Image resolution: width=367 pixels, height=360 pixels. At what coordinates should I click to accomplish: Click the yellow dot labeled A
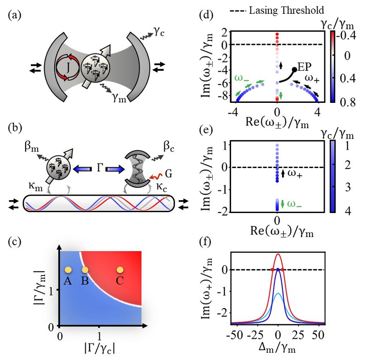(x=68, y=270)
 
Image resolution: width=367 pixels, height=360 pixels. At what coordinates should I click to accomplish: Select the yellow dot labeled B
(x=85, y=270)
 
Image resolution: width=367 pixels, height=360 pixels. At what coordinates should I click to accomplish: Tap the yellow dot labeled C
(x=120, y=270)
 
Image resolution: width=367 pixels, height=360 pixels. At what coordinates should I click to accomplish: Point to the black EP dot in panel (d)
(x=294, y=70)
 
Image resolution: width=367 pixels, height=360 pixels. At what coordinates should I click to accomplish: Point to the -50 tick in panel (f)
(x=238, y=331)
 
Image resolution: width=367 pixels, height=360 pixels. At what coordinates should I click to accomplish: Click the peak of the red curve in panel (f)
(x=278, y=254)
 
